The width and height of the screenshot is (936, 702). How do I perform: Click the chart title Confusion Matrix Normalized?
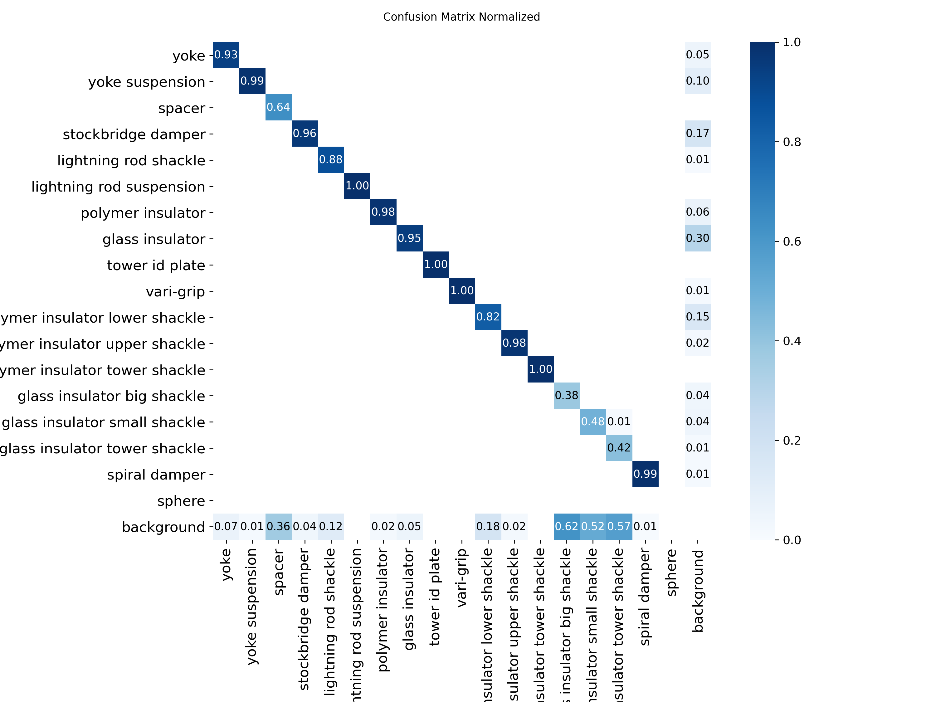click(x=461, y=17)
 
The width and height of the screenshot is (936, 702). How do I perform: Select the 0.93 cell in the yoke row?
click(x=226, y=55)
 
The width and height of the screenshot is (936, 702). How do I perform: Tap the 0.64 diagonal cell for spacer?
click(x=278, y=107)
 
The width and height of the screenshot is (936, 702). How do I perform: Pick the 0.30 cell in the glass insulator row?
click(x=697, y=238)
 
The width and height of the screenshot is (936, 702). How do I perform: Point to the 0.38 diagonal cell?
click(x=567, y=395)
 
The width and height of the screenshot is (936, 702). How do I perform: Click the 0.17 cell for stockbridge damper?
click(x=697, y=133)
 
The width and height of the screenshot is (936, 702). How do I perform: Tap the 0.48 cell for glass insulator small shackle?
click(x=593, y=422)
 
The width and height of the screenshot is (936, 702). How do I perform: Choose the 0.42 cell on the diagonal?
click(x=619, y=448)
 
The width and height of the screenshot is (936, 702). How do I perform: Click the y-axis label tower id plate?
click(x=156, y=265)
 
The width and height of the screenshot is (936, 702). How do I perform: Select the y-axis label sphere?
click(x=181, y=501)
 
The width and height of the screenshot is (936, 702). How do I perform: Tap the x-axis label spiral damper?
click(x=645, y=597)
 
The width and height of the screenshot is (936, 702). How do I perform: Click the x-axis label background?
click(x=697, y=591)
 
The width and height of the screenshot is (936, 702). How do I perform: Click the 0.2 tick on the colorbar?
click(x=791, y=441)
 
